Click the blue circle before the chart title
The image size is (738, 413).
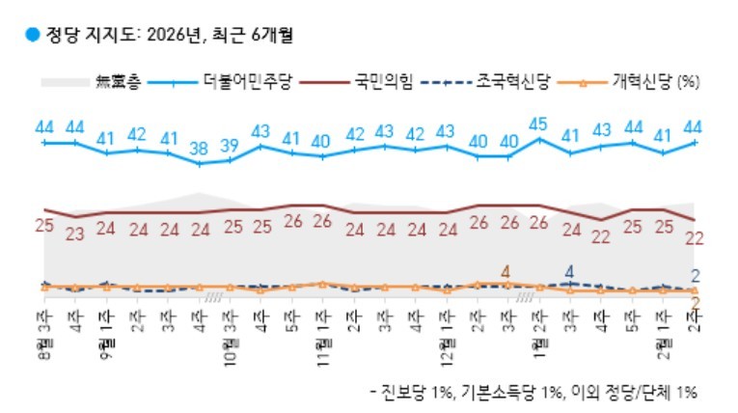coord(32,36)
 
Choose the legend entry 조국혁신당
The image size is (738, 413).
coord(511,83)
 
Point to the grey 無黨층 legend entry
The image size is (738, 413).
coord(116,83)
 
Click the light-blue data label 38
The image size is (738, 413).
coord(199,150)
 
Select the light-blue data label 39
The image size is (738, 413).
coord(230,146)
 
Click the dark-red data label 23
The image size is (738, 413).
coord(75,232)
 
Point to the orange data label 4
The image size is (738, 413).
coord(506,271)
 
